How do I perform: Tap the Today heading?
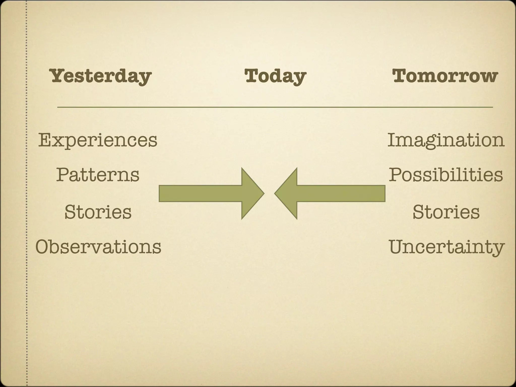tap(275, 76)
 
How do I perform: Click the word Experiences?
tap(98, 140)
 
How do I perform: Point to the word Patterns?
tap(98, 175)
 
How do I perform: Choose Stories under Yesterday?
tap(98, 212)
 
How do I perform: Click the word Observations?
tap(98, 247)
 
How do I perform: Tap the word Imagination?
tap(446, 140)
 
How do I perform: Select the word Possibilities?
tap(446, 175)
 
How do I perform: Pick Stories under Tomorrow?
tap(446, 212)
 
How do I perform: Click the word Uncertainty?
tap(446, 247)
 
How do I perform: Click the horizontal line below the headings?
tap(275, 107)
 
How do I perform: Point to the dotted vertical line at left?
tap(26, 193)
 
